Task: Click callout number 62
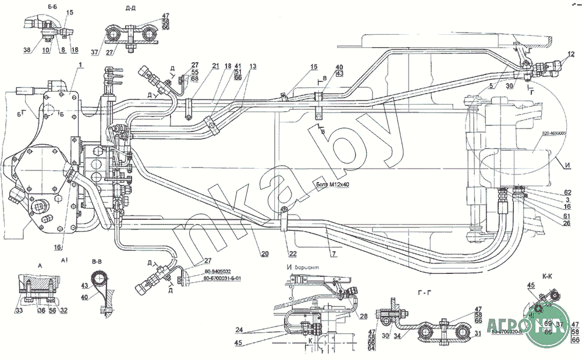coord(567,192)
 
